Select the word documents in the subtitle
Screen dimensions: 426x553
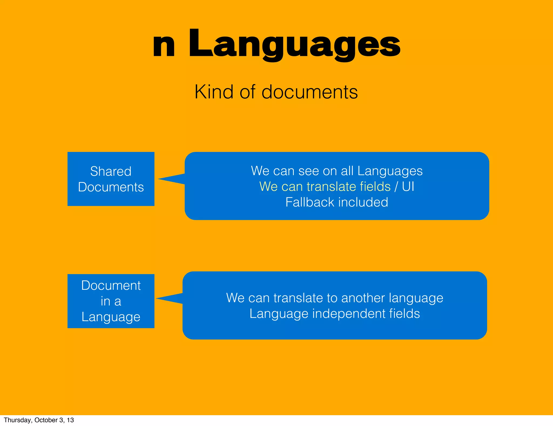[x=309, y=92]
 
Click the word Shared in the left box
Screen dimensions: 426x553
[x=111, y=171]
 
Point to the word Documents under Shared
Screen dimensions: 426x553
[x=111, y=187]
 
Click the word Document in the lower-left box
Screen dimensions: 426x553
[x=111, y=285]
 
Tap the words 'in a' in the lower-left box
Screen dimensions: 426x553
[x=111, y=301]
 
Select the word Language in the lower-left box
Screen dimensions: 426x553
[x=111, y=317]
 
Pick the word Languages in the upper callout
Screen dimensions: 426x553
[x=390, y=171]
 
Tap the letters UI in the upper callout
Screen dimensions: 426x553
[x=408, y=187]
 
